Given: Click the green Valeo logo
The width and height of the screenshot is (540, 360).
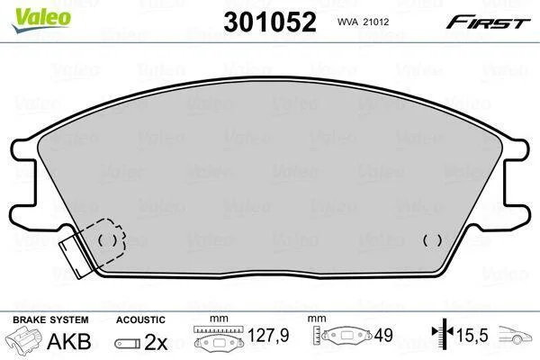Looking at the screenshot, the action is [x=41, y=20].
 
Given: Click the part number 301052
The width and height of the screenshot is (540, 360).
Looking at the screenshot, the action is [x=270, y=22].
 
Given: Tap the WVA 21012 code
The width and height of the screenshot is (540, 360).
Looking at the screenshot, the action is [x=363, y=22].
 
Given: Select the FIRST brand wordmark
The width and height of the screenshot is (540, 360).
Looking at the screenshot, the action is [x=489, y=22].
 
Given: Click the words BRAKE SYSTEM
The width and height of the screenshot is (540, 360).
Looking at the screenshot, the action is [x=50, y=319].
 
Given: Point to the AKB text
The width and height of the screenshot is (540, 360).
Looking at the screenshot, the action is [x=69, y=341].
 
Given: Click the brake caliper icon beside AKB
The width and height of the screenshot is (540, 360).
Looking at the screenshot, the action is [x=23, y=339].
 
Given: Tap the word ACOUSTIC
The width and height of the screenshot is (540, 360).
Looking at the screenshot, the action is [x=140, y=319].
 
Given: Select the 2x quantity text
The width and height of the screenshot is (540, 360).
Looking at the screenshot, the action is [x=156, y=342].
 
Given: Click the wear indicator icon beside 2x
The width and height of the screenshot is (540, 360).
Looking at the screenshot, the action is [x=128, y=343].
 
